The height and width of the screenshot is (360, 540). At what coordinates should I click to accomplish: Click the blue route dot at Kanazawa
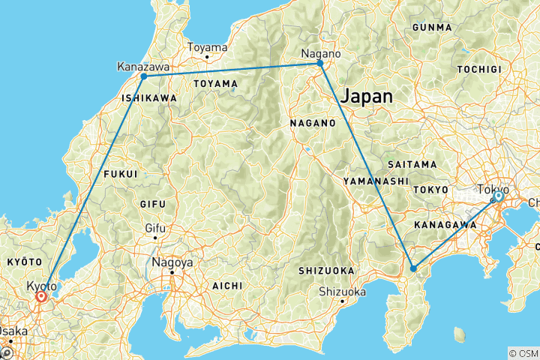pyautogui.click(x=143, y=76)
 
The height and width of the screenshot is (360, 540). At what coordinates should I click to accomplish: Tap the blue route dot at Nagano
pyautogui.click(x=320, y=64)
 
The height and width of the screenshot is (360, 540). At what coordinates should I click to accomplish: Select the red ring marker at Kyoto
pyautogui.click(x=41, y=297)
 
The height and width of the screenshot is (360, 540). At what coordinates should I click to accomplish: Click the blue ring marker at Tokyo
pyautogui.click(x=497, y=196)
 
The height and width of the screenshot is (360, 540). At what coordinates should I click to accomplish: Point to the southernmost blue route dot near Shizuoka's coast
pyautogui.click(x=413, y=268)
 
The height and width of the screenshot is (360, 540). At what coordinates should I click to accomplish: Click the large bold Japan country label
pyautogui.click(x=367, y=96)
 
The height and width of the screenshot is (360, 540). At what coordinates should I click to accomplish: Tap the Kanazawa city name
pyautogui.click(x=142, y=67)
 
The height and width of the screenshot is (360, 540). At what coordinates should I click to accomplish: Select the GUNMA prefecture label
pyautogui.click(x=432, y=28)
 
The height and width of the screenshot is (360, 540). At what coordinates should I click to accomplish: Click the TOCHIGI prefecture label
pyautogui.click(x=478, y=69)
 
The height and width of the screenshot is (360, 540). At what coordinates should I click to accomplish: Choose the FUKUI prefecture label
pyautogui.click(x=121, y=174)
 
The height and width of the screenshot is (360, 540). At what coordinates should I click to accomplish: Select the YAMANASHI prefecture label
pyautogui.click(x=375, y=181)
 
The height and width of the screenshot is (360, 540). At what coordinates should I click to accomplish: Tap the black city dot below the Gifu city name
pyautogui.click(x=155, y=238)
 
